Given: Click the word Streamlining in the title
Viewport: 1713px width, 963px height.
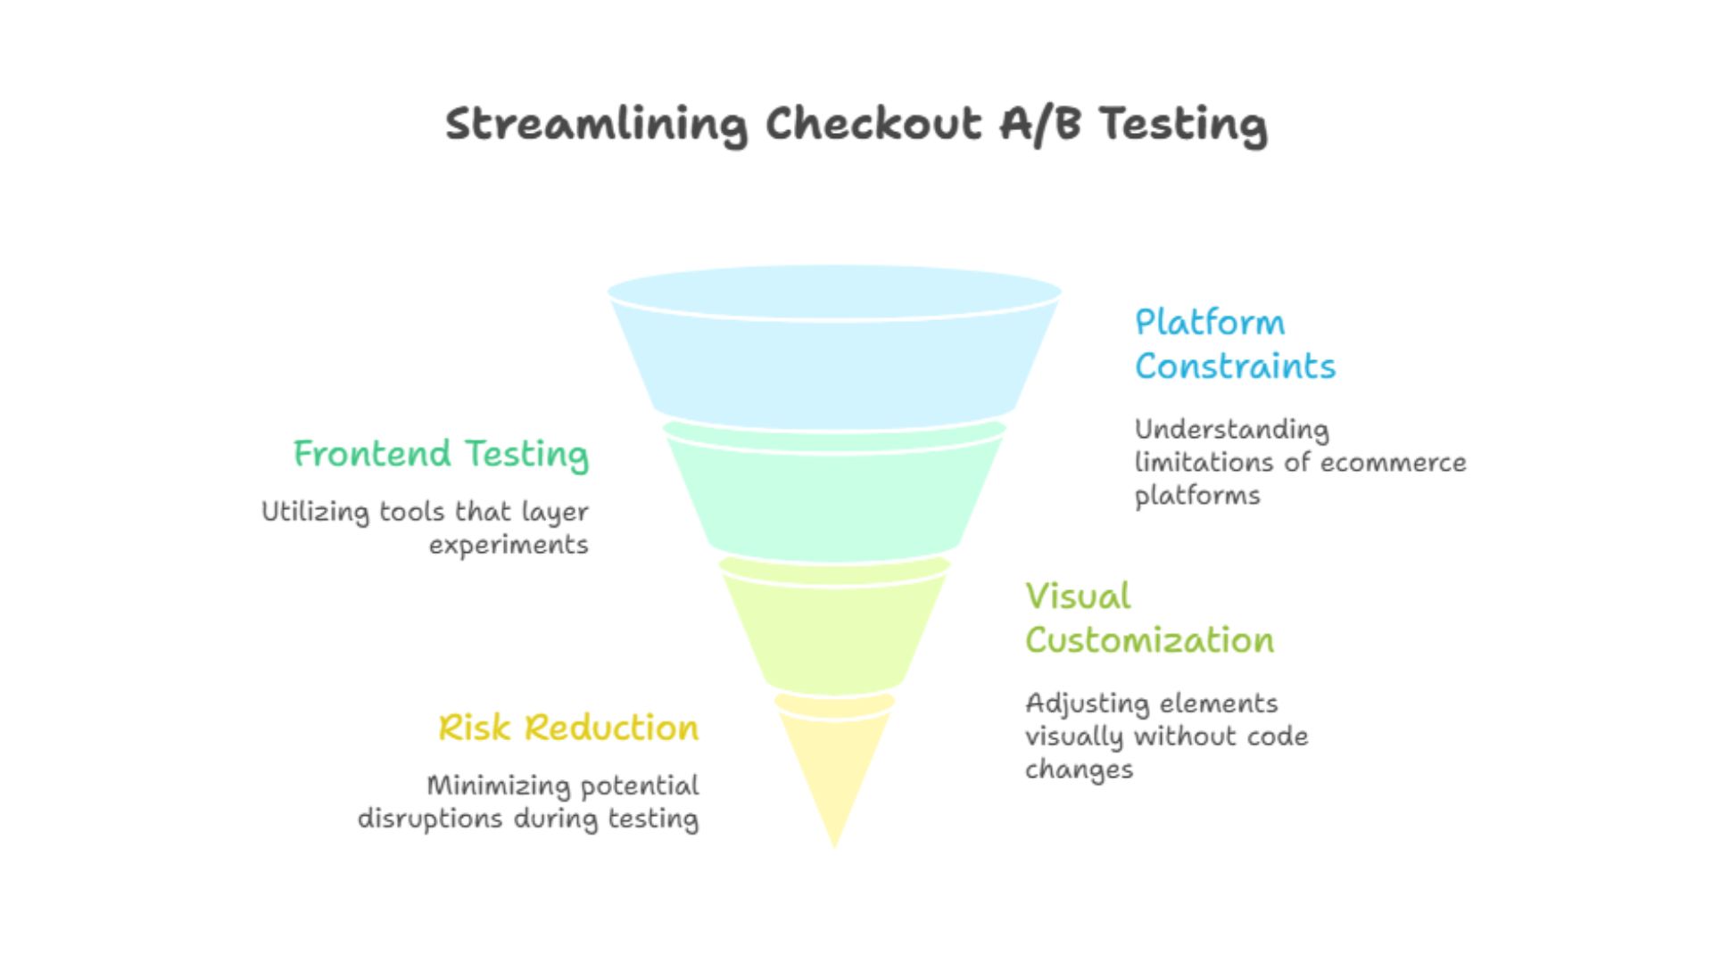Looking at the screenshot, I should (x=595, y=124).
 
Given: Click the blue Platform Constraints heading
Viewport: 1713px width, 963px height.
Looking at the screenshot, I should (x=1235, y=344).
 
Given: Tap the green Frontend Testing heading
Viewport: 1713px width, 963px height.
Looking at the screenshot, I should (x=441, y=454).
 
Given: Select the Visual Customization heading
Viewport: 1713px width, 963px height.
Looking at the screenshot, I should (x=1149, y=618).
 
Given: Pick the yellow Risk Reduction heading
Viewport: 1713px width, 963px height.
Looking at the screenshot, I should (x=568, y=728).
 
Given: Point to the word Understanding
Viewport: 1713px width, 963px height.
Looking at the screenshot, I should (x=1231, y=430).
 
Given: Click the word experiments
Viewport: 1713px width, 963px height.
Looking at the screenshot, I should (x=509, y=546).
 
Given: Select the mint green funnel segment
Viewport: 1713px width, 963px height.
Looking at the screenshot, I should (x=834, y=495).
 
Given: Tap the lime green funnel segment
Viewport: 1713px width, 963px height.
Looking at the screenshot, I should (x=834, y=629).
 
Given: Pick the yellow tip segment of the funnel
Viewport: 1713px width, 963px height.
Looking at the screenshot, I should (x=834, y=767).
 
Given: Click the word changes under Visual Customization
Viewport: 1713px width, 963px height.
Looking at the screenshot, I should (x=1079, y=770).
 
